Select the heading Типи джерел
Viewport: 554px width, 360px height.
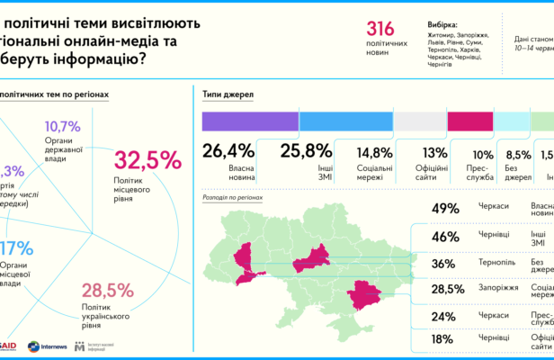[231, 94]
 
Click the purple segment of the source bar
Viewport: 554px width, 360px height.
[249, 121]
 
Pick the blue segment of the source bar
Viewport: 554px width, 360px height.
[345, 121]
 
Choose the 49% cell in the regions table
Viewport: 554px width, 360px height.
[446, 209]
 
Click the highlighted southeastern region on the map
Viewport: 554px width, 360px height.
[364, 297]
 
